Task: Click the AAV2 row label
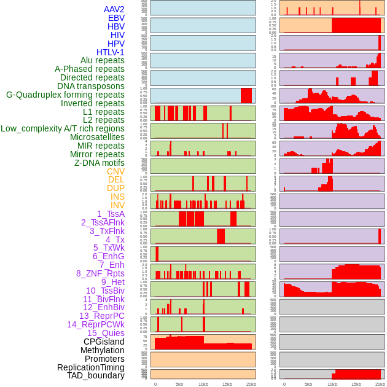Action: (114, 9)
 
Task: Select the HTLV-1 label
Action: (110, 52)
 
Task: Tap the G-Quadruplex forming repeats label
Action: (65, 95)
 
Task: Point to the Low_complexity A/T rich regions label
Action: (63, 128)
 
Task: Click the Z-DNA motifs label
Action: (99, 163)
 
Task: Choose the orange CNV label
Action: (115, 171)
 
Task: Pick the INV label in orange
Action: (117, 205)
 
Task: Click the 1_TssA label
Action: (111, 214)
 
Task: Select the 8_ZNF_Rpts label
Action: (100, 273)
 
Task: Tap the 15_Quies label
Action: (106, 333)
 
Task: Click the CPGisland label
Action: (104, 342)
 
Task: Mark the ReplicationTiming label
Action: (91, 367)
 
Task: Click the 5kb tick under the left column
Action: (179, 384)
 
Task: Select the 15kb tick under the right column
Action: (356, 384)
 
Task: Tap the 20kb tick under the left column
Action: (251, 384)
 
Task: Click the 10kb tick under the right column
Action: (332, 384)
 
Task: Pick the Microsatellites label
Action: (97, 137)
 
